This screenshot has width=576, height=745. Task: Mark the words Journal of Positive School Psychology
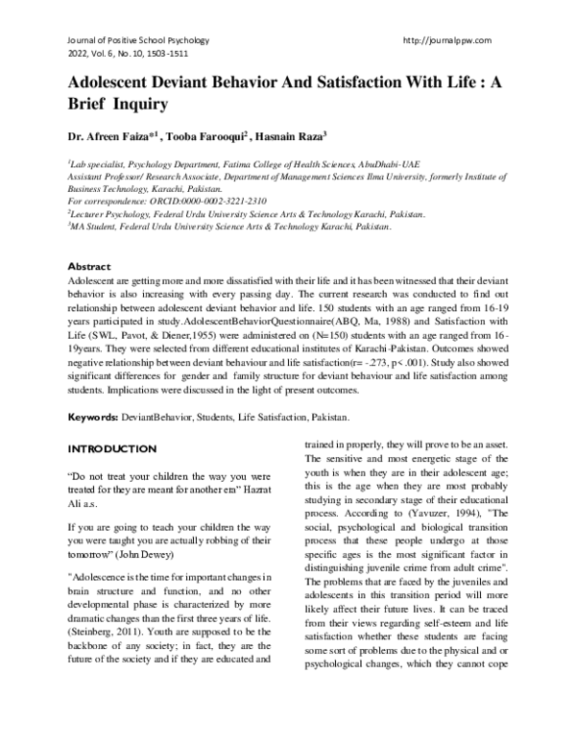[138, 39]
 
